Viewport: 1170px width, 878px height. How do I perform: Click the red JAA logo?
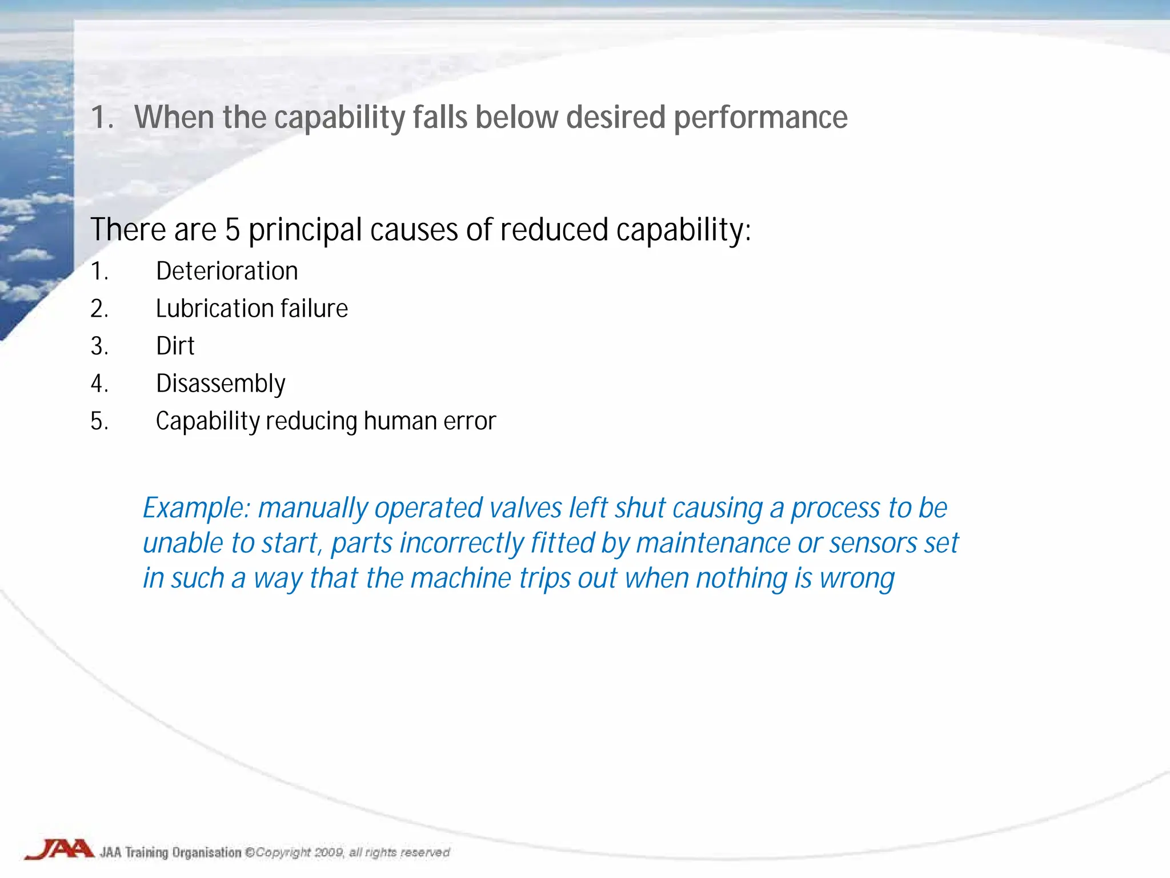59,849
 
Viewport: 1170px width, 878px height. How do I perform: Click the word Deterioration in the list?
227,271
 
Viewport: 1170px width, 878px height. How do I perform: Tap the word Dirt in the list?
175,346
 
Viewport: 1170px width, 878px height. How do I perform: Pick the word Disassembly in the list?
221,384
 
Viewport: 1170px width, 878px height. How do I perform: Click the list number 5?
99,421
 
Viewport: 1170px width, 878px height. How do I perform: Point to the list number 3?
99,346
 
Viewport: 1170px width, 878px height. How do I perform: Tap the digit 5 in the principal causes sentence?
232,230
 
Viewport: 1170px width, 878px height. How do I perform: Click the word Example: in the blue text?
196,508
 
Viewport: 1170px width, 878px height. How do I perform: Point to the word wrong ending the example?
857,578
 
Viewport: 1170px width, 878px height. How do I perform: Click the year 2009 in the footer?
329,853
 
